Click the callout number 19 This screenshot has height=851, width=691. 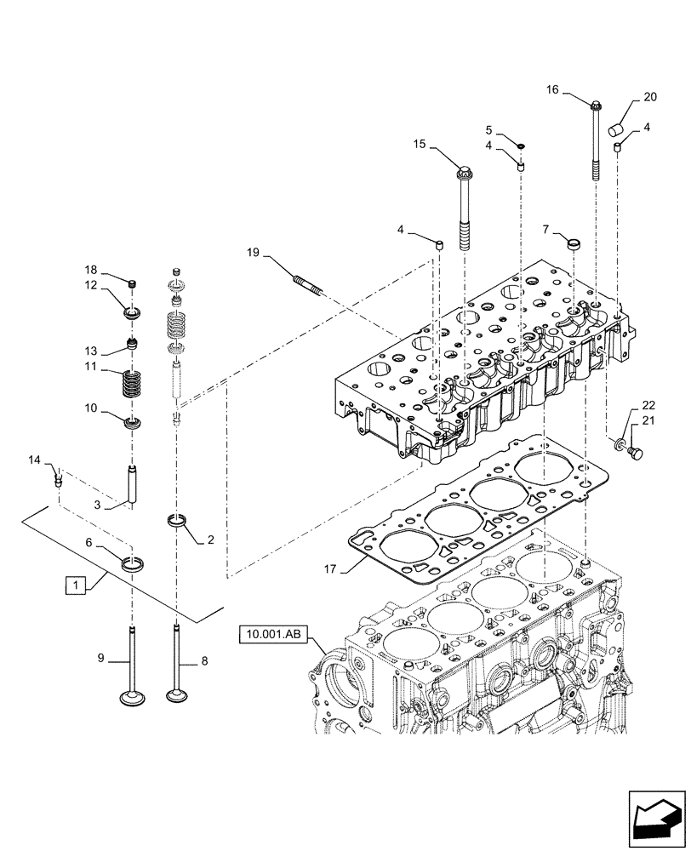(253, 253)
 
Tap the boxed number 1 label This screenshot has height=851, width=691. (76, 585)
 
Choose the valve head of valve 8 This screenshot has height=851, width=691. (177, 698)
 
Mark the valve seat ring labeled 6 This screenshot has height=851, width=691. (133, 563)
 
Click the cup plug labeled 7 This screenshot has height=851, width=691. (574, 245)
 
